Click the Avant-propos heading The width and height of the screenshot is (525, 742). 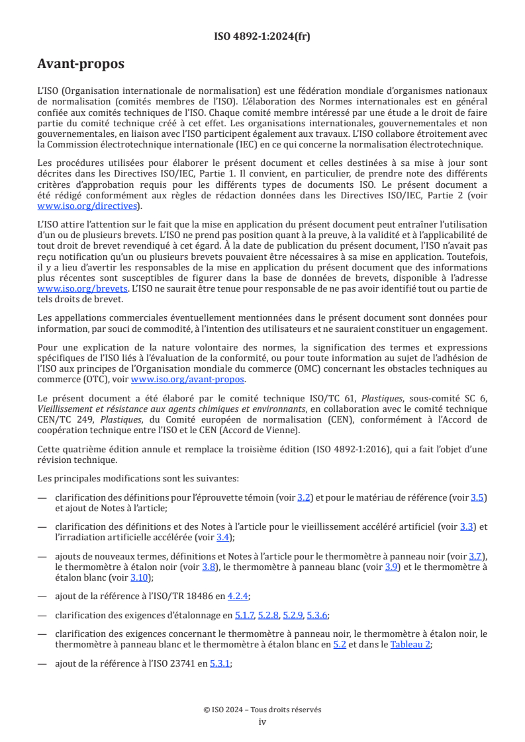(x=81, y=65)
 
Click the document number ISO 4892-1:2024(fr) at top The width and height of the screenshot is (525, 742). (x=262, y=36)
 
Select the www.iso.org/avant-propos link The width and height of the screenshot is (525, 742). (x=188, y=380)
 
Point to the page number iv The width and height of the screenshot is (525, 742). (x=262, y=721)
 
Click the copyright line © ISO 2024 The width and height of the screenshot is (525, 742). (x=262, y=710)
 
